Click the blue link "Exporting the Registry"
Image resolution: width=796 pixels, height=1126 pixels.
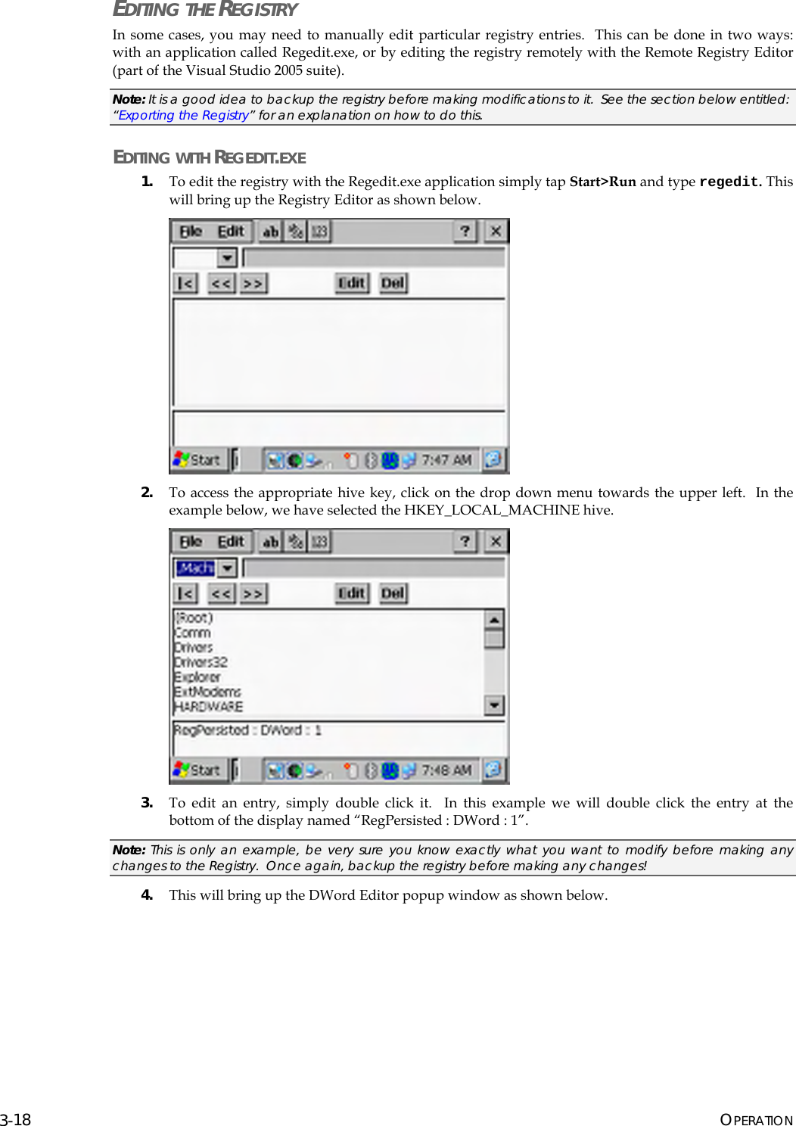click(183, 115)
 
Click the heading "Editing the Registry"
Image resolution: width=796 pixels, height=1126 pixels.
click(205, 10)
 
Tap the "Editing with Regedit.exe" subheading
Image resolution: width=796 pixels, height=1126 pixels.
click(210, 157)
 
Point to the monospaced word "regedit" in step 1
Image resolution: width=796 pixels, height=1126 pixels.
click(728, 182)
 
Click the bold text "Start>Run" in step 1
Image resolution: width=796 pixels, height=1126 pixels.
click(602, 182)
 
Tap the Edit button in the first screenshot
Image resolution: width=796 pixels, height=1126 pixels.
click(352, 283)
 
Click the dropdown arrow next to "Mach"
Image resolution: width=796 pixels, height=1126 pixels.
click(227, 568)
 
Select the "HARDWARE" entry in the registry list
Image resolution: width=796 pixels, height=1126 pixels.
click(209, 707)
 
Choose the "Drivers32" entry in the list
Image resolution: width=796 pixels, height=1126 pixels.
click(201, 662)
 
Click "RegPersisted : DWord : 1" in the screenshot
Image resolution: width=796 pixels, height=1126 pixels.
click(247, 730)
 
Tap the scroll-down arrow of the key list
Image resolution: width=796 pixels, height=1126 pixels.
click(494, 705)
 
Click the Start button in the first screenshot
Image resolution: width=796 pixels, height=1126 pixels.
click(197, 459)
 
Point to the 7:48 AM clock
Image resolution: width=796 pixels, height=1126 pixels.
click(446, 770)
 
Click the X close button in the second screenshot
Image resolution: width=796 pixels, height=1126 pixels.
click(496, 541)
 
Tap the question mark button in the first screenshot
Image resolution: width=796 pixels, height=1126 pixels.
click(465, 231)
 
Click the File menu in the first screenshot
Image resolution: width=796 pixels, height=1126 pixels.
click(191, 232)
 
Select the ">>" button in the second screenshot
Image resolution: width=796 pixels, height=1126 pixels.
click(253, 593)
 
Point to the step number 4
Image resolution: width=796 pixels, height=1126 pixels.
click(147, 895)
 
